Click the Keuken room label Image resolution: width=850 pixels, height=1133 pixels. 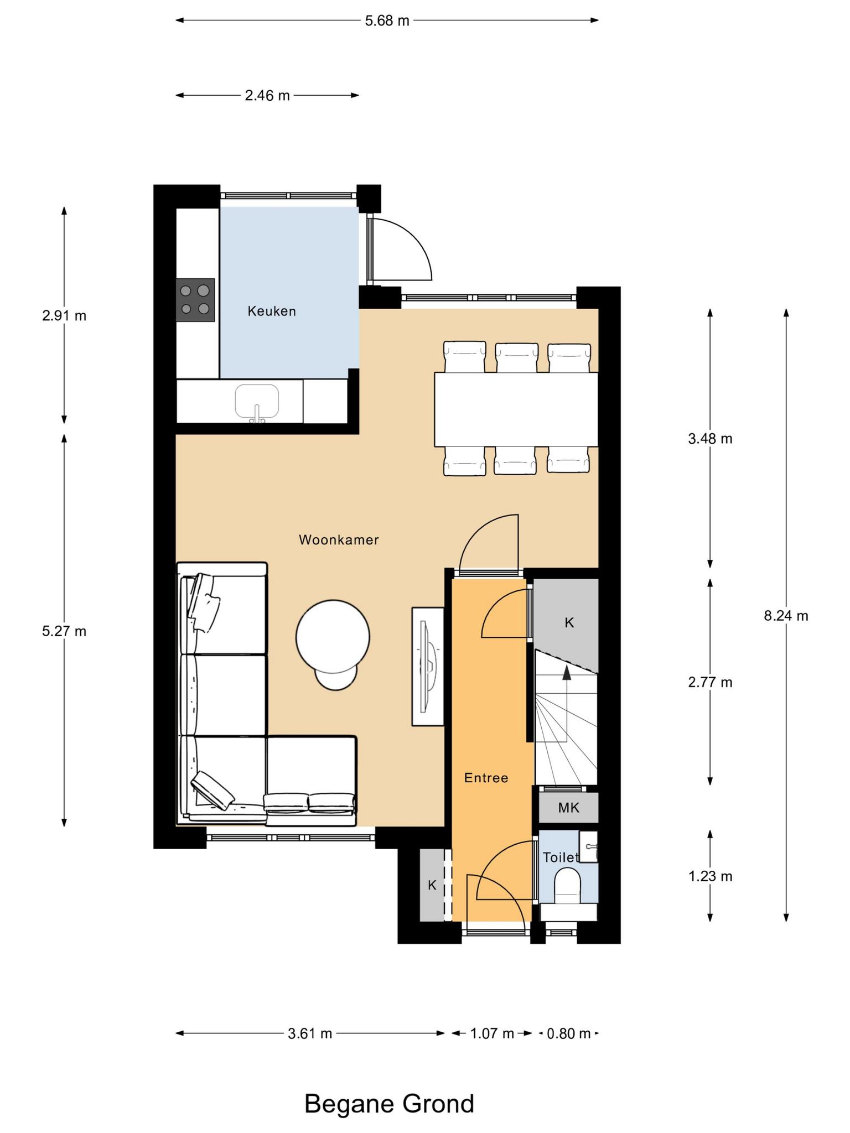pos(272,311)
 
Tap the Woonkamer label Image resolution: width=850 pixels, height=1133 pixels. pos(339,540)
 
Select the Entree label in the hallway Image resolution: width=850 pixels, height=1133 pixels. pos(486,778)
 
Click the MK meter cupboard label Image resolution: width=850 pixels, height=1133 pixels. pos(568,808)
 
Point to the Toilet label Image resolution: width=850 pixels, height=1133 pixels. pos(561,857)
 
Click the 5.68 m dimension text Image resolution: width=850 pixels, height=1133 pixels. pos(387,21)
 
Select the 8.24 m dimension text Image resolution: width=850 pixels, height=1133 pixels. pos(786,616)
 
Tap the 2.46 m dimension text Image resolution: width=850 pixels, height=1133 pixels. pos(267,96)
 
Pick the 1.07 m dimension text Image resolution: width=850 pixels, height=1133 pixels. pos(492,1033)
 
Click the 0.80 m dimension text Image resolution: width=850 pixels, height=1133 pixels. pos(568,1033)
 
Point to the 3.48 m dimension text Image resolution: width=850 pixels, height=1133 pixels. pos(710,439)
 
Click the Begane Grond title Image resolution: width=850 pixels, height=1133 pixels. pos(389,1103)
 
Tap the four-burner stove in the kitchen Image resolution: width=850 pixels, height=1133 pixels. pos(195,300)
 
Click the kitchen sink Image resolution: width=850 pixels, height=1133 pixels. pos(257,403)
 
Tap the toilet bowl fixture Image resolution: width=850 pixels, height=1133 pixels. pos(567,885)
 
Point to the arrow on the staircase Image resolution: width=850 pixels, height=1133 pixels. pos(566,704)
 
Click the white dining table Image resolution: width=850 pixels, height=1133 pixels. pos(516,409)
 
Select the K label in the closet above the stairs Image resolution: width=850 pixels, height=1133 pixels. pos(569,623)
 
